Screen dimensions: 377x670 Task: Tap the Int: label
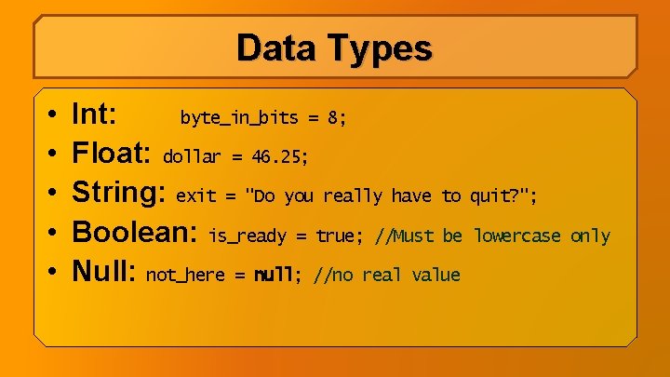point(95,115)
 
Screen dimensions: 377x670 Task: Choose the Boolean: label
point(136,233)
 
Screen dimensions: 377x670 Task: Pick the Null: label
point(105,272)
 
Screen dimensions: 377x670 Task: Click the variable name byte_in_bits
point(239,118)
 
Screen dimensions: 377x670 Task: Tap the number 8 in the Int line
point(332,118)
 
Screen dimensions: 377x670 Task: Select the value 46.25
point(276,157)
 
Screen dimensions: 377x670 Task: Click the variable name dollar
point(192,157)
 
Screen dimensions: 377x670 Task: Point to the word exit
point(195,196)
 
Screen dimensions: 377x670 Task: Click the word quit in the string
point(490,196)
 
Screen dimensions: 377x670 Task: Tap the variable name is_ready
point(248,236)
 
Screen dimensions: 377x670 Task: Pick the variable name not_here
point(185,276)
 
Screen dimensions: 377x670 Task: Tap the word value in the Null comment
point(435,276)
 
